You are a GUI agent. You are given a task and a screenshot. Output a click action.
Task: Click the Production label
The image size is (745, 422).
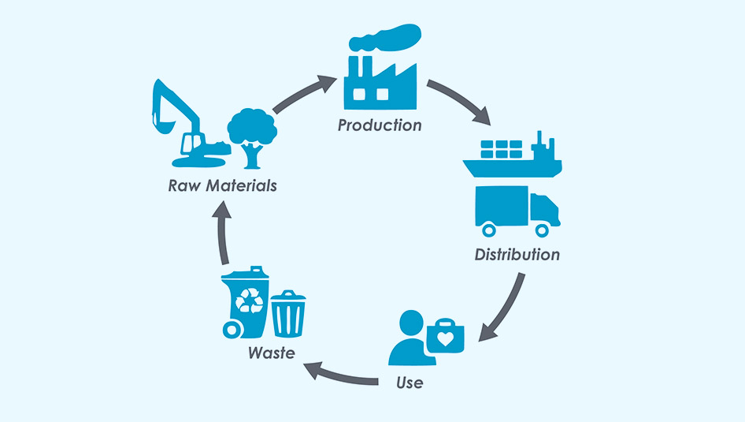pos(380,125)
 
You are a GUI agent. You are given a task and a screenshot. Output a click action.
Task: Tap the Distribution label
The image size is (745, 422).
pos(517,255)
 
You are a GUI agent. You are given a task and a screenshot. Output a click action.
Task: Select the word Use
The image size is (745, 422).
pos(410,383)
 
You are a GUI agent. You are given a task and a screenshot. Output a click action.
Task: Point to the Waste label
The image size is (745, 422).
pos(271,353)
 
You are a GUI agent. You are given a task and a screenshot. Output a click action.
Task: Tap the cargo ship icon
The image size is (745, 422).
pos(513,158)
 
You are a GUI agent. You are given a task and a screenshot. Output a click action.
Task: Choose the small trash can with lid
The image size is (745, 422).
pos(288,313)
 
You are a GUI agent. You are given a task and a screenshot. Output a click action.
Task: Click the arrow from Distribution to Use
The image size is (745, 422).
pos(504,308)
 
